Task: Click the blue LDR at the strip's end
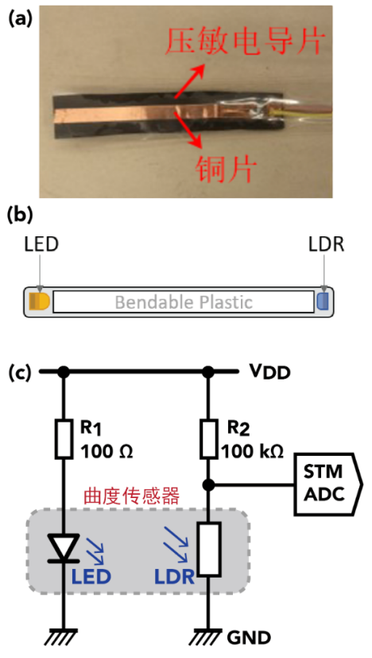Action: tap(322, 302)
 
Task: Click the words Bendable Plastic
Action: tap(183, 302)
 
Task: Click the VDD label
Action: tap(269, 371)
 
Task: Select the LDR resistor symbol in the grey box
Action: tap(208, 548)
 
